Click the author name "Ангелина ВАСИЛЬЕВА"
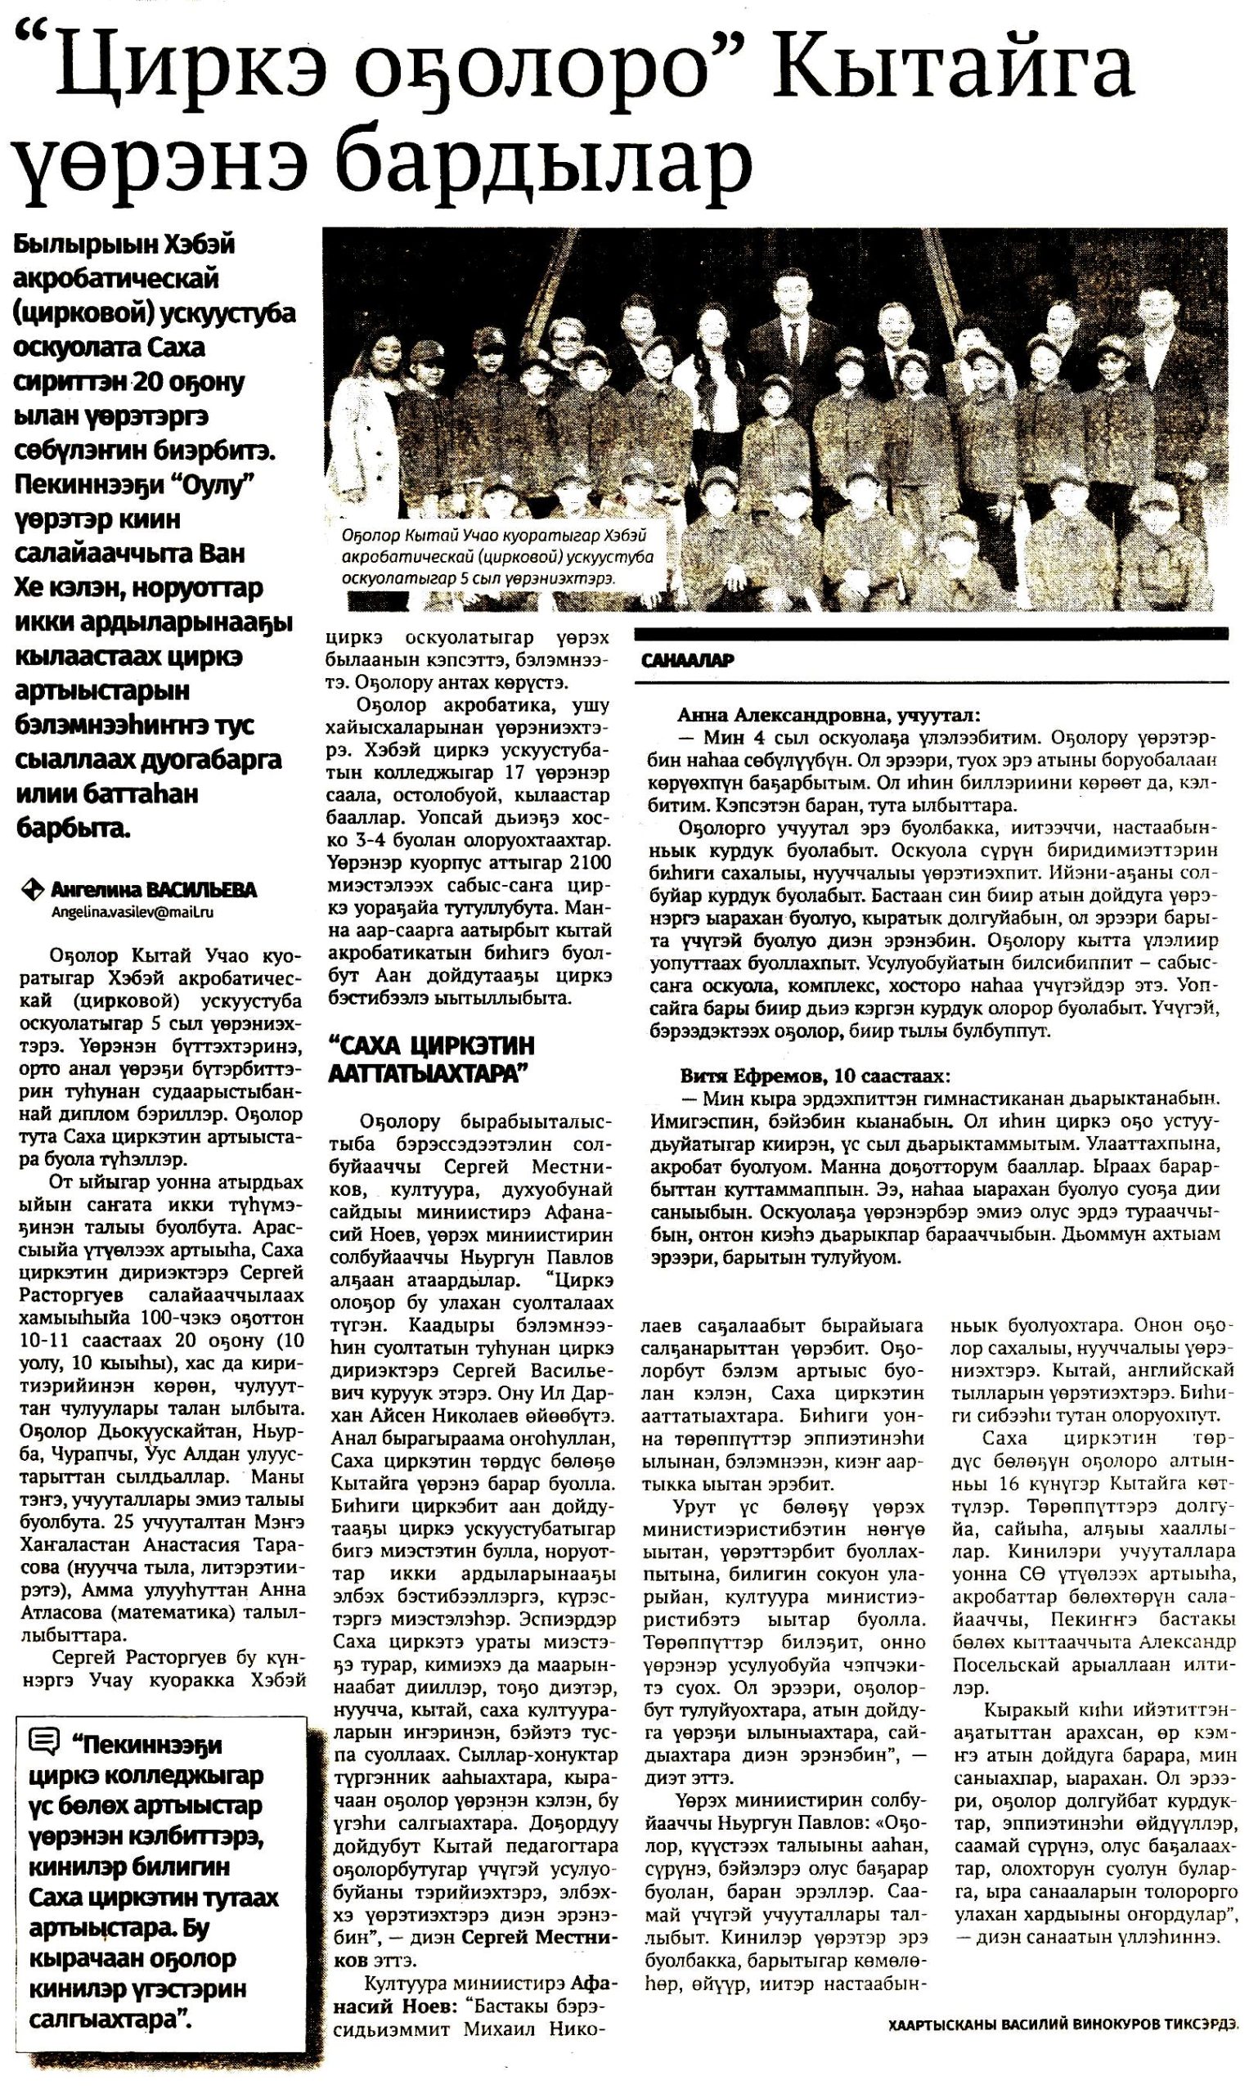pyautogui.click(x=153, y=890)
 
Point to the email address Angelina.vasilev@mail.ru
pyautogui.click(x=133, y=912)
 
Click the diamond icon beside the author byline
pyautogui.click(x=32, y=890)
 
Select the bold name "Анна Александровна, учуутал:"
pyautogui.click(x=830, y=715)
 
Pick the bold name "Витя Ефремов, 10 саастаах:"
pyautogui.click(x=815, y=1076)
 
